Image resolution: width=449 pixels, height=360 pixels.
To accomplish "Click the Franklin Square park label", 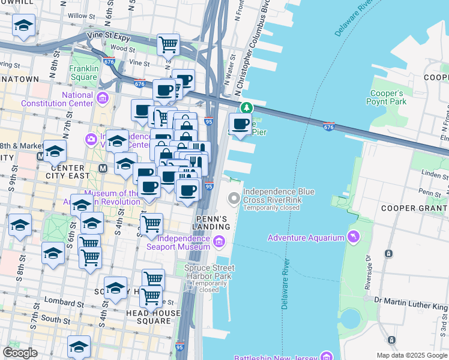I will click(83, 73).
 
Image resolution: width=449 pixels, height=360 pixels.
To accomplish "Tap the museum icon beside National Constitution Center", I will click(103, 98).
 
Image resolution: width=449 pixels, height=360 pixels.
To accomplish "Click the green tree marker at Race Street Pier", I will click(246, 108).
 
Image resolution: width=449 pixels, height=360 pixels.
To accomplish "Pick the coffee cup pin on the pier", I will click(241, 124).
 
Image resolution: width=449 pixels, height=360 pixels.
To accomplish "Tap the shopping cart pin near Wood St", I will click(169, 44).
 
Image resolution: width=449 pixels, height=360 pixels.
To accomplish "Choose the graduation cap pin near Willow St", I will click(23, 25).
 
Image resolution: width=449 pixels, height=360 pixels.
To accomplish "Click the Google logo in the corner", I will click(20, 353).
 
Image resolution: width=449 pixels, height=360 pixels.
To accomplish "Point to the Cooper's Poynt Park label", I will click(387, 98).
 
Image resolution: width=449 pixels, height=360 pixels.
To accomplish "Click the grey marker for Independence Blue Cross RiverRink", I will click(233, 198).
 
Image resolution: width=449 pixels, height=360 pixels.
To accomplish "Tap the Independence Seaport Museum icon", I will click(218, 242).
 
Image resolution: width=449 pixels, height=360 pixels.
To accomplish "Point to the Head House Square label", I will click(153, 317).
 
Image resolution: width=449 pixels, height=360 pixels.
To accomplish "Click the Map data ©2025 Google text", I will click(411, 355).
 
